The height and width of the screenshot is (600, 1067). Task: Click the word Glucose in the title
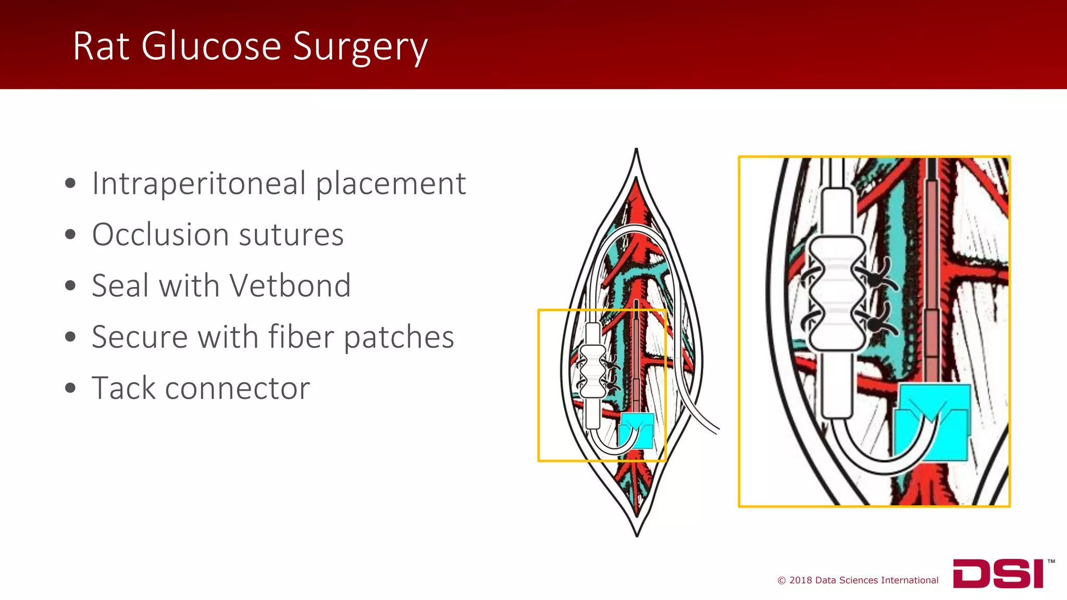(x=211, y=46)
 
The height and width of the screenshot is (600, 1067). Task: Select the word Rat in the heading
(x=101, y=46)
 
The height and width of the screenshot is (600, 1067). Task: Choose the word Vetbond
(x=290, y=286)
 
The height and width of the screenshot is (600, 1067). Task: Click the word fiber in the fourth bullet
(x=301, y=337)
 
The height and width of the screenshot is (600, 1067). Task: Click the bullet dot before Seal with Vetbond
(x=70, y=286)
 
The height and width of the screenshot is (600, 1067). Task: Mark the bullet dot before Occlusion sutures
(x=70, y=235)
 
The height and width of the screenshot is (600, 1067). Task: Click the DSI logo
(x=998, y=573)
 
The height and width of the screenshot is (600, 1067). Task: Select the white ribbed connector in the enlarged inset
(x=836, y=294)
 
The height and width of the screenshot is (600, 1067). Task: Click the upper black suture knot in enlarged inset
(x=876, y=279)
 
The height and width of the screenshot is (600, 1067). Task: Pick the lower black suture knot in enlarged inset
(x=876, y=323)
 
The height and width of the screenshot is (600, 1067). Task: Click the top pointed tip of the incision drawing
(x=636, y=151)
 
